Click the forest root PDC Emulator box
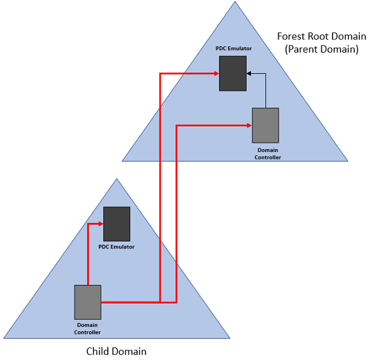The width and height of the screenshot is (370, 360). (x=233, y=73)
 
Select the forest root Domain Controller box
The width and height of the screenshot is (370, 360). (x=265, y=125)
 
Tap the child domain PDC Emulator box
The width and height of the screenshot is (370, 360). (x=117, y=224)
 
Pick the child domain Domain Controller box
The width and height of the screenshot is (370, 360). (x=88, y=302)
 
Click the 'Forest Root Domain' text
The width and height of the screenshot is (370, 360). (x=322, y=36)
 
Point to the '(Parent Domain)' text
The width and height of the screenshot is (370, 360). (x=322, y=49)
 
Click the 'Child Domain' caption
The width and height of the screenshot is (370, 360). (x=116, y=351)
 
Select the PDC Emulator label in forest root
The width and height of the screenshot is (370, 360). (x=234, y=48)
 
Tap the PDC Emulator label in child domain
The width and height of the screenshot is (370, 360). (x=116, y=247)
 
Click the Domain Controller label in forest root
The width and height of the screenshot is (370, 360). (x=268, y=153)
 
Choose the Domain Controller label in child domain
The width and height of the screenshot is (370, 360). (x=88, y=329)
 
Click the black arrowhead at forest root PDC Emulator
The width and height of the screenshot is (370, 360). (x=249, y=74)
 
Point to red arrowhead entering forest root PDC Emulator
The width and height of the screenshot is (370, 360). (x=217, y=74)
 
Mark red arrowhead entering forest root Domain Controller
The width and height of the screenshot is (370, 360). (x=250, y=125)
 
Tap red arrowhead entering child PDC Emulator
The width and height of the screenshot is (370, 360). (x=101, y=224)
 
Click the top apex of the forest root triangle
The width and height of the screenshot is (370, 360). (x=235, y=1)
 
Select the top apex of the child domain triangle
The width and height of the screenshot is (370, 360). (x=117, y=178)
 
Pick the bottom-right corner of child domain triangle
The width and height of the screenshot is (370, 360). (x=230, y=338)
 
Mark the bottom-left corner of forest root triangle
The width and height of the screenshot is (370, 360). (x=122, y=161)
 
